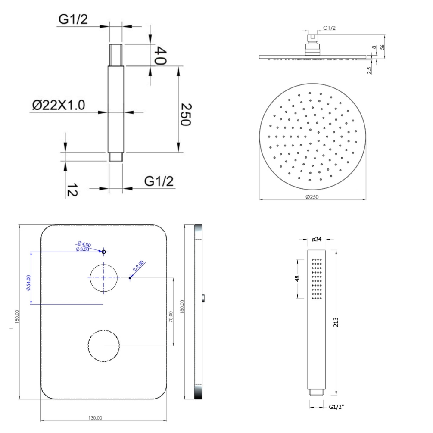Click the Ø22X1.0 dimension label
[59, 105]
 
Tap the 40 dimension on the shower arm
[160, 56]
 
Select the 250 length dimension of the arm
[186, 115]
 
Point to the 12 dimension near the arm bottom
[72, 190]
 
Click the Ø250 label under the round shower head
[312, 197]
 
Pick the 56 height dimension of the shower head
[383, 47]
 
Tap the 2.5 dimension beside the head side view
[369, 70]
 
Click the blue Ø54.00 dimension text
[28, 283]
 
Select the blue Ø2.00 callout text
[138, 266]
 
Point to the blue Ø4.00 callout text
[84, 244]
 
